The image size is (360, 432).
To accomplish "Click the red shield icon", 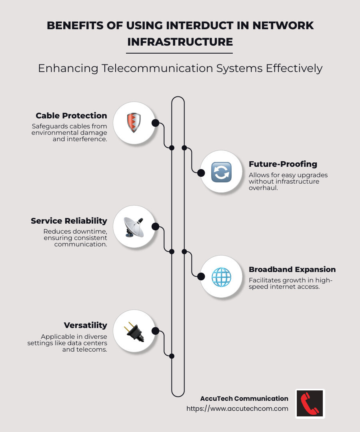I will pyautogui.click(x=134, y=123).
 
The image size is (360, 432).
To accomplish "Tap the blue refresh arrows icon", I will pyautogui.click(x=221, y=172).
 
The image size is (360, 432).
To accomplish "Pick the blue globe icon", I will pyautogui.click(x=221, y=277).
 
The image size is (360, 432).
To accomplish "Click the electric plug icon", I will pyautogui.click(x=134, y=332).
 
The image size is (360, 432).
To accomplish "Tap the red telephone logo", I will pyautogui.click(x=310, y=404).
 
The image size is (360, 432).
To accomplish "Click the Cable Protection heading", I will pyautogui.click(x=71, y=116).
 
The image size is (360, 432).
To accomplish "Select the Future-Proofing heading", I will pyautogui.click(x=283, y=164).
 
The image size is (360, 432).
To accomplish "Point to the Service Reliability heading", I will pyautogui.click(x=69, y=221).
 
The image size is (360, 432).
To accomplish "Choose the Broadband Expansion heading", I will pyautogui.click(x=292, y=269).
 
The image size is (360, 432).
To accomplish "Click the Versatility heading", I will pyautogui.click(x=85, y=325).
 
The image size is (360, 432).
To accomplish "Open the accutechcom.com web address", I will pyautogui.click(x=237, y=408).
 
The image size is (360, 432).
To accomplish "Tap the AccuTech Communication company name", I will pyautogui.click(x=244, y=398).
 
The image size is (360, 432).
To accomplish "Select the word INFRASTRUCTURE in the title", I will pyautogui.click(x=180, y=42).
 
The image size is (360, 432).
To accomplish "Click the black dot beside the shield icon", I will pyautogui.click(x=155, y=123).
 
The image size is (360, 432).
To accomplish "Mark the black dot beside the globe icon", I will pyautogui.click(x=202, y=276).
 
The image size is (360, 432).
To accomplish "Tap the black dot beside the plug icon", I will pyautogui.click(x=155, y=331).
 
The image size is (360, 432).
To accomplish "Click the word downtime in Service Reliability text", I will pyautogui.click(x=91, y=232).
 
